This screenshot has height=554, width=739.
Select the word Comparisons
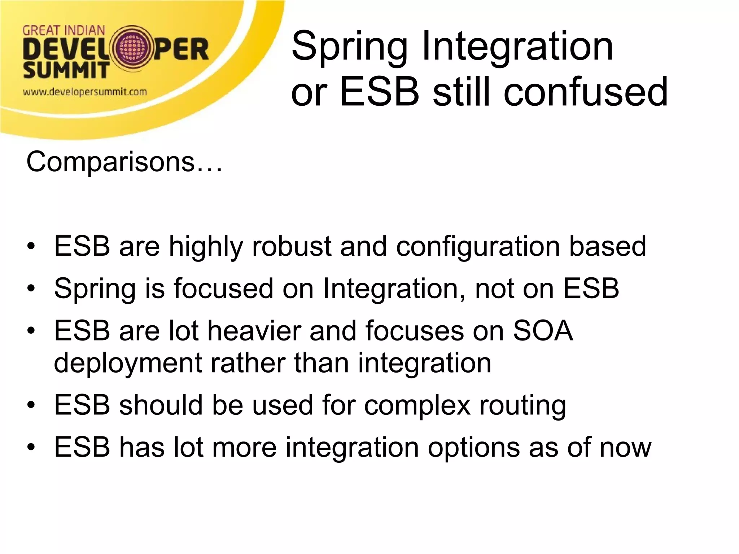pyautogui.click(x=110, y=162)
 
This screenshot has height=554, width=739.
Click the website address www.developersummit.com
pyautogui.click(x=85, y=92)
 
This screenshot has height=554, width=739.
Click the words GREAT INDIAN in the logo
pyautogui.click(x=64, y=30)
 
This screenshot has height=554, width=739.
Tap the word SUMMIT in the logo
pyautogui.click(x=66, y=70)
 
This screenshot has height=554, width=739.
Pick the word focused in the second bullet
pyautogui.click(x=223, y=289)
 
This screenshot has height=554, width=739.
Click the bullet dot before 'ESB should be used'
pyautogui.click(x=31, y=405)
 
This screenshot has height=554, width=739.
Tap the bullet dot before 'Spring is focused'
pyautogui.click(x=31, y=289)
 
